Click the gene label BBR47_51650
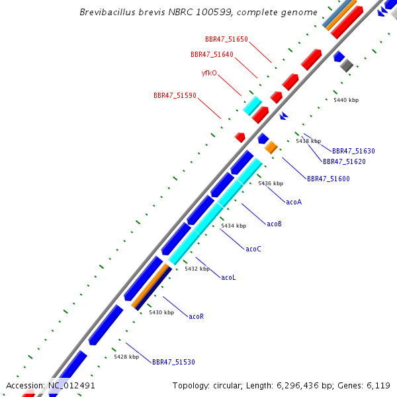226,40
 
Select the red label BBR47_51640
212,54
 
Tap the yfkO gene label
209,73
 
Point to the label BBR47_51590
175,95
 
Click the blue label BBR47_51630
353,152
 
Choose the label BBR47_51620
344,161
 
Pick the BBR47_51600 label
328,179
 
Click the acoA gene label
294,202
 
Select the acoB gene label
275,224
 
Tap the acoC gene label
253,249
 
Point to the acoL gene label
228,277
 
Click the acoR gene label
197,317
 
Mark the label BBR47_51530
173,363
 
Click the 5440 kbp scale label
346,100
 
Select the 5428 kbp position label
126,357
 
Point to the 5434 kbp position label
234,226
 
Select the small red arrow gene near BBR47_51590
240,137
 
